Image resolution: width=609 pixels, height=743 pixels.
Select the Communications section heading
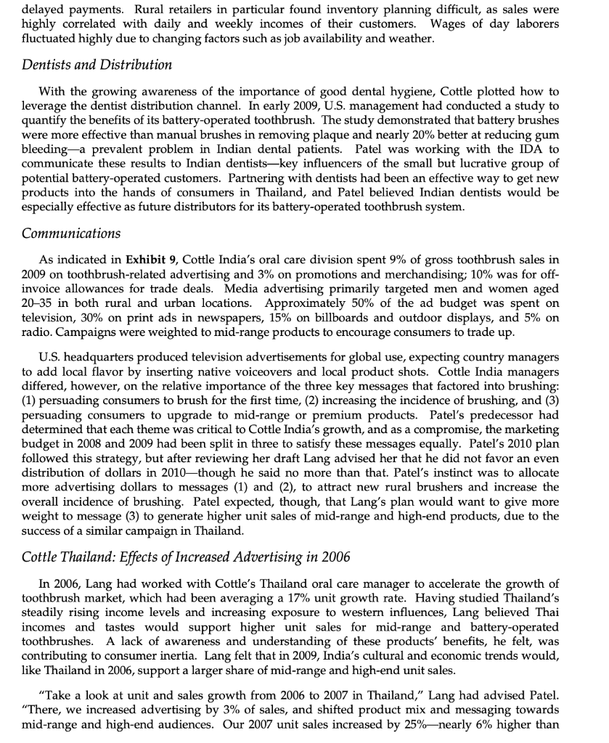click(70, 233)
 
